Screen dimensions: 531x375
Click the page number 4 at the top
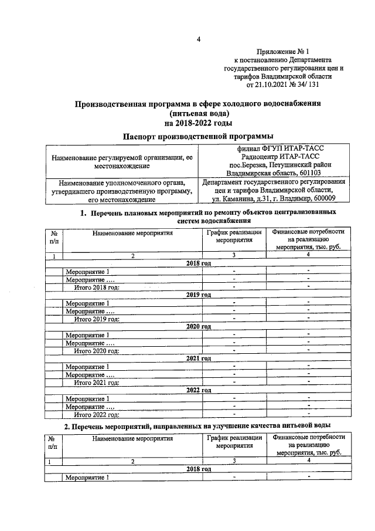pos(198,39)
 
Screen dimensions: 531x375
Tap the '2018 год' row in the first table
pos(198,263)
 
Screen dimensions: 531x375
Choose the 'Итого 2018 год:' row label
pos(96,287)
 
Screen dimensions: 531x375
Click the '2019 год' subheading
pos(198,295)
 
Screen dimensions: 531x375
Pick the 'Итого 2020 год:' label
pos(96,350)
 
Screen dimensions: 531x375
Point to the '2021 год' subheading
pos(198,358)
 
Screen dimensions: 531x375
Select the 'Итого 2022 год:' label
pos(96,414)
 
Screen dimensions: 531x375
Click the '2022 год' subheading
pos(198,390)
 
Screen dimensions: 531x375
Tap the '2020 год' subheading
pos(198,326)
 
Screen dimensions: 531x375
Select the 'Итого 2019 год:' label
pos(96,319)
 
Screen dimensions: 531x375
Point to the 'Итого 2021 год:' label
pos(96,382)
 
